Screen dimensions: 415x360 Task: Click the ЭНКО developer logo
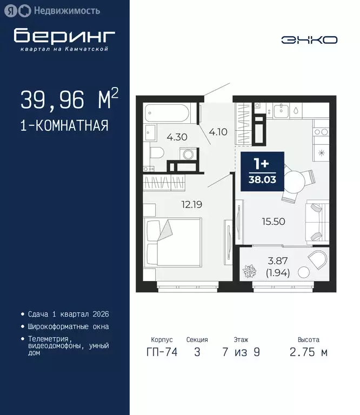(309, 39)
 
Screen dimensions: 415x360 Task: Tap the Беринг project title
(64, 36)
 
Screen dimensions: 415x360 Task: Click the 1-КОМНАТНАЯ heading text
(64, 126)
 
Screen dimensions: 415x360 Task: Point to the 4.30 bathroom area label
(177, 137)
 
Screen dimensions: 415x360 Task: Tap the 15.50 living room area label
(274, 221)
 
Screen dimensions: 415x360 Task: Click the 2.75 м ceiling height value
(308, 353)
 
